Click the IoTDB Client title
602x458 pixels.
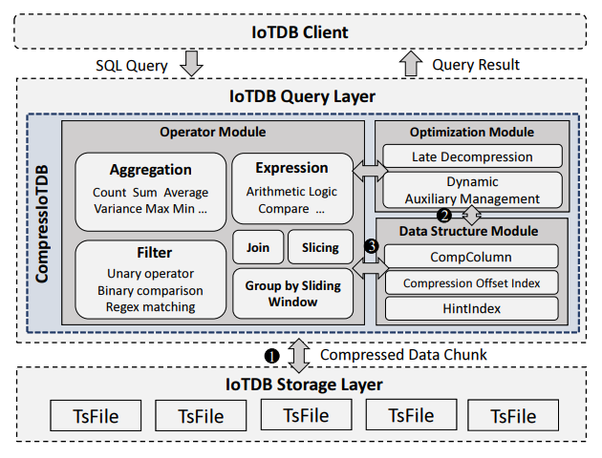pyautogui.click(x=301, y=32)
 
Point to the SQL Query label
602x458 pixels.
pyautogui.click(x=132, y=65)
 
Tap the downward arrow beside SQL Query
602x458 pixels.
pyautogui.click(x=191, y=64)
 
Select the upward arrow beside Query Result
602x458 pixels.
pyautogui.click(x=411, y=64)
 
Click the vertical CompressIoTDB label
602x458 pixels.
pyautogui.click(x=43, y=222)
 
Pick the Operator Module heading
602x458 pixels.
pyautogui.click(x=212, y=131)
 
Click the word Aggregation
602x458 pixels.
pyautogui.click(x=150, y=170)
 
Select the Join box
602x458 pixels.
pyautogui.click(x=257, y=247)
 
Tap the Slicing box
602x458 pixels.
pyautogui.click(x=320, y=247)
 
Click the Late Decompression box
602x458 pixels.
pyautogui.click(x=471, y=156)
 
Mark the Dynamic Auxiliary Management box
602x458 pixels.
pyautogui.click(x=471, y=189)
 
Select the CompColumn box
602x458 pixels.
pyautogui.click(x=471, y=257)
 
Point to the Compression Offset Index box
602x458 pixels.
pyautogui.click(x=471, y=283)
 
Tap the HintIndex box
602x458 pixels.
pyautogui.click(x=471, y=309)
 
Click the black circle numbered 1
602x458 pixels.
pyautogui.click(x=271, y=355)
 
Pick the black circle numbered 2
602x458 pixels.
pyautogui.click(x=443, y=214)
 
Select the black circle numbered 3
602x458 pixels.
pyautogui.click(x=372, y=246)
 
